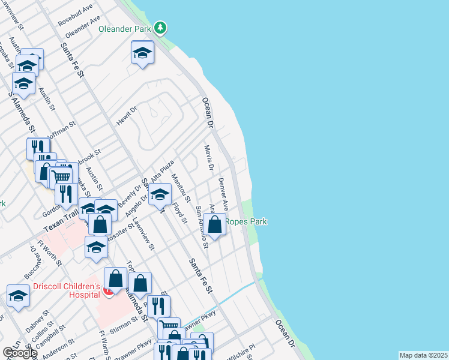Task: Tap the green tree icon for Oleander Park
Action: [160, 28]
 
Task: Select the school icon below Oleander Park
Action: [142, 53]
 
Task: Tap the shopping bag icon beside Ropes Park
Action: [215, 225]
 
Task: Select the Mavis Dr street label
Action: [208, 158]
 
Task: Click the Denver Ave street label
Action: [223, 192]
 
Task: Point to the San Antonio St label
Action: [202, 227]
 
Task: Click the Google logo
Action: [20, 353]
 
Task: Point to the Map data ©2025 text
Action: [423, 355]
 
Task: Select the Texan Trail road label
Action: [61, 223]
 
